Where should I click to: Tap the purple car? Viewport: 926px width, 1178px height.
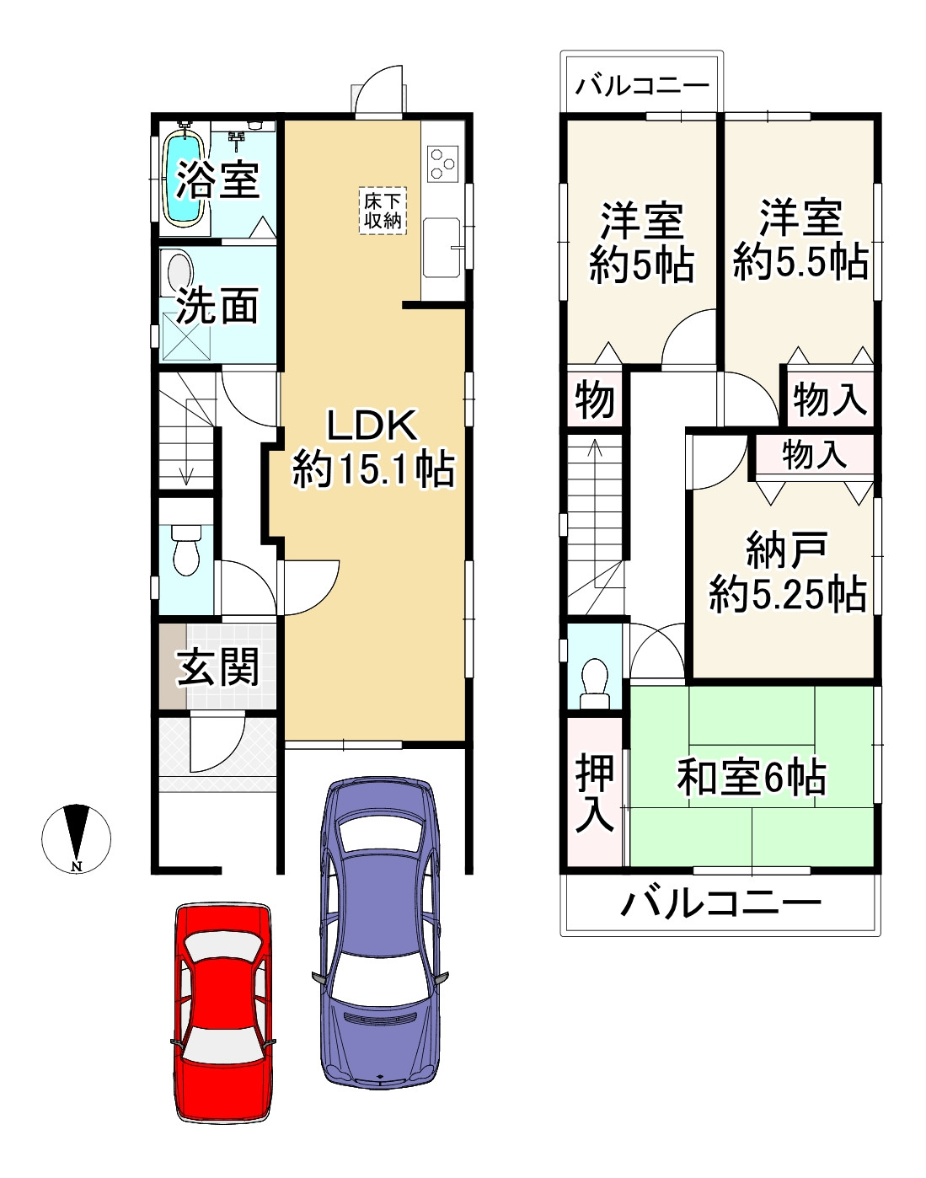(380, 931)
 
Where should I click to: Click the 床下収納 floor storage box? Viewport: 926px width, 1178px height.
(383, 211)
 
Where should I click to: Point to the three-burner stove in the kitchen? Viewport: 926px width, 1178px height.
(442, 163)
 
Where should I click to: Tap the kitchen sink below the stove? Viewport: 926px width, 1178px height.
(442, 248)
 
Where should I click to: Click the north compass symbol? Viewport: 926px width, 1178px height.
(77, 838)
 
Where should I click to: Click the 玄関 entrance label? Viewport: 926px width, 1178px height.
(217, 667)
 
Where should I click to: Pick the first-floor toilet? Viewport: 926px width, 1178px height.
(186, 549)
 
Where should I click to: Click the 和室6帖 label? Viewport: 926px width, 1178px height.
(752, 777)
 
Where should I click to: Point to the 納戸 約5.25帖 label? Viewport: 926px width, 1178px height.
(788, 572)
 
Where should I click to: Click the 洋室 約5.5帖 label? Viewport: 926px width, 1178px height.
(800, 240)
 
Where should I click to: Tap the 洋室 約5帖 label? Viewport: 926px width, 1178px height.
(641, 243)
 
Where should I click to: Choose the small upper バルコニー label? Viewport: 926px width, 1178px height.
(641, 87)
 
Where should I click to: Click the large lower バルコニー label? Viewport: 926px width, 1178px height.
(720, 903)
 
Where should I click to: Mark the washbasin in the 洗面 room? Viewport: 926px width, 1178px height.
(180, 271)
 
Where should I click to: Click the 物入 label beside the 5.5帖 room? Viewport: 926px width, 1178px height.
(830, 399)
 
